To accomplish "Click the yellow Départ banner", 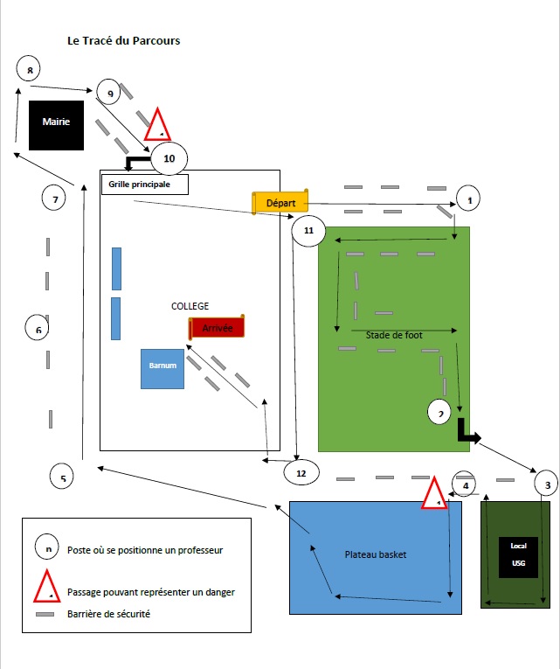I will tap(280, 203).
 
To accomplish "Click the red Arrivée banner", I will tap(217, 328).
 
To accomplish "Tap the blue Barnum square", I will tap(162, 369).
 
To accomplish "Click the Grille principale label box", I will tap(146, 185).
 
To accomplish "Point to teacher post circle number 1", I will tap(469, 200).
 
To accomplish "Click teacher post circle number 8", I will tap(30, 70).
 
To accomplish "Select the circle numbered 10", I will tap(169, 158).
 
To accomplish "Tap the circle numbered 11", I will tap(308, 232).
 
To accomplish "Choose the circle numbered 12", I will tap(301, 472).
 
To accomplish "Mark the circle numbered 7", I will tap(55, 199).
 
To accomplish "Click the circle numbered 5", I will tap(62, 477).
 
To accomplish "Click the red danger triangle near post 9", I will tap(157, 126).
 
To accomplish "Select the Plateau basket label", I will tap(376, 554).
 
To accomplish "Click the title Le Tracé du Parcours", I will tap(124, 41).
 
